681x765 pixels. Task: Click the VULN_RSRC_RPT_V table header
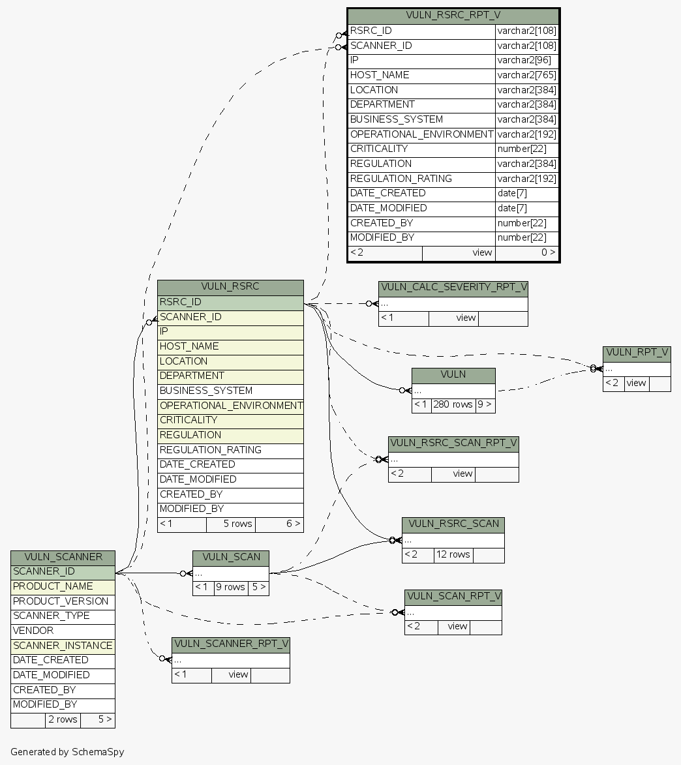[453, 16]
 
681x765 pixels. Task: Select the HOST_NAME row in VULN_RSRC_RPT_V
[421, 76]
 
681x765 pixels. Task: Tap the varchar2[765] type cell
[526, 76]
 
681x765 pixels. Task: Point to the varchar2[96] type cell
[526, 61]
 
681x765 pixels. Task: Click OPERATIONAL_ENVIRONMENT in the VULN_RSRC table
[230, 406]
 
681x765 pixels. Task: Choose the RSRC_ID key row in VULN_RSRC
[230, 303]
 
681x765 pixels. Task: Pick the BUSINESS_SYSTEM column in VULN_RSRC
[230, 391]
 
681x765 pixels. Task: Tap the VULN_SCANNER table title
[63, 558]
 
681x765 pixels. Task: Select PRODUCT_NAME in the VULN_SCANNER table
[63, 587]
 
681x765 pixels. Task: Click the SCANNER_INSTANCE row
[63, 646]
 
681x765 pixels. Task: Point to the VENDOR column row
[63, 631]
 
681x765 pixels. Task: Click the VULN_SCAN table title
[231, 558]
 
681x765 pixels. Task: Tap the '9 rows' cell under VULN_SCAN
[230, 587]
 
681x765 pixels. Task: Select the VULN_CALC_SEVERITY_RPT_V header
[453, 288]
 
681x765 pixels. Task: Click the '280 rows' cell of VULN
[453, 404]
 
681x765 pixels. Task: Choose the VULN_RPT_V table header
[637, 353]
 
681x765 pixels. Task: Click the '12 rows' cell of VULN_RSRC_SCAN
[453, 555]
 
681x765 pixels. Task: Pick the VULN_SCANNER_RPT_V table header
[231, 645]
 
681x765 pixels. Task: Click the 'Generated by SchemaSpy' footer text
[67, 752]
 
